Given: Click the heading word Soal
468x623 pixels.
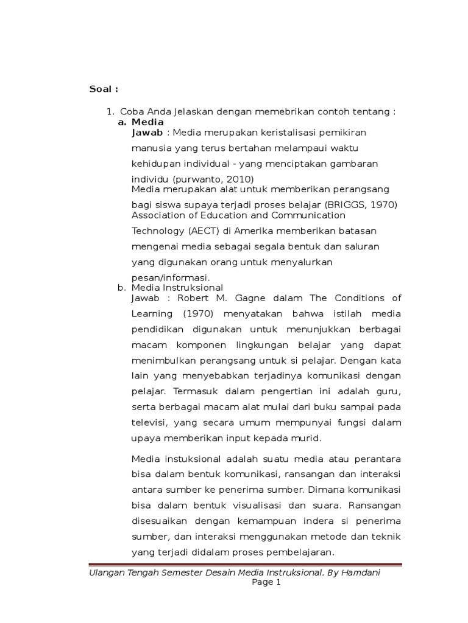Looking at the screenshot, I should pyautogui.click(x=101, y=89).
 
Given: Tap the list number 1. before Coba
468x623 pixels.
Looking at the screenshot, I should pyautogui.click(x=110, y=112).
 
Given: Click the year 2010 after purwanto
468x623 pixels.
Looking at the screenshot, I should pyautogui.click(x=239, y=179).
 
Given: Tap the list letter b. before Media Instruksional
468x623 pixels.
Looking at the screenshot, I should pyautogui.click(x=121, y=288).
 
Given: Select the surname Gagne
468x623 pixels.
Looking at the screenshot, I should pyautogui.click(x=249, y=298).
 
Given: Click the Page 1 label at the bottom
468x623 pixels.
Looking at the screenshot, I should pyautogui.click(x=266, y=583).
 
